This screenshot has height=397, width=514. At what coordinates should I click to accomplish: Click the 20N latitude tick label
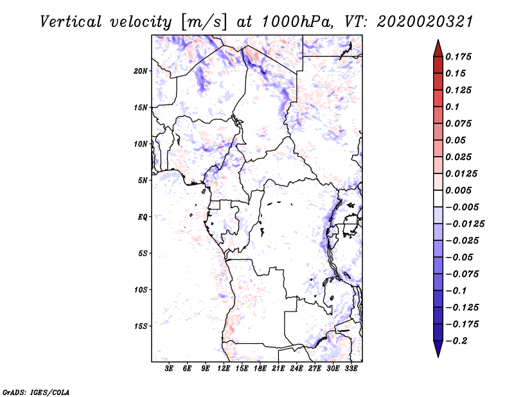coord(141,71)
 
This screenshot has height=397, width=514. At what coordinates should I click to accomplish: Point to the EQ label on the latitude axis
coord(142,216)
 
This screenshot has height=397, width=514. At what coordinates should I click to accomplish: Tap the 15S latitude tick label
coord(141,326)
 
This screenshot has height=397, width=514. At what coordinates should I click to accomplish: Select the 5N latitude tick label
coord(142,181)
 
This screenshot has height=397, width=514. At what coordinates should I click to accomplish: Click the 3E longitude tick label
coord(170,369)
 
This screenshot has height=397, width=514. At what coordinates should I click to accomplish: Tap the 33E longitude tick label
coord(351,369)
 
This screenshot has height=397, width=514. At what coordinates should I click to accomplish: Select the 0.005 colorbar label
coord(460,190)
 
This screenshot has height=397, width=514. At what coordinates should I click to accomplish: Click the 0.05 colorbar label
coord(456,140)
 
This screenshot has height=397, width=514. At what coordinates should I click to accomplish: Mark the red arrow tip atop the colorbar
coord(438,44)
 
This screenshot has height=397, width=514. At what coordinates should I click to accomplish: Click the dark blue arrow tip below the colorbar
coord(438,353)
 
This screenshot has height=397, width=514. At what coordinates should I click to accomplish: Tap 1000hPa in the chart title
coord(297,21)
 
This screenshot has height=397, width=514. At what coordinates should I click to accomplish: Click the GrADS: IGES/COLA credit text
coord(36,391)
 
